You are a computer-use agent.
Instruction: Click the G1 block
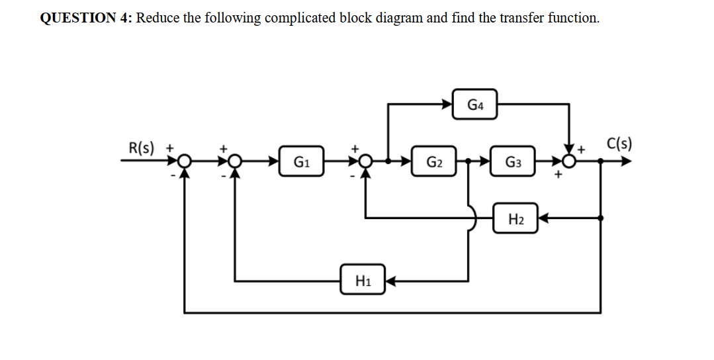(300, 162)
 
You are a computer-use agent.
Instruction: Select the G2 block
(433, 162)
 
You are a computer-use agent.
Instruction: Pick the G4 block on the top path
(475, 105)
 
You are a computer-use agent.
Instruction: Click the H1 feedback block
(362, 281)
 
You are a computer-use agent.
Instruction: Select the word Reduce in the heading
(158, 18)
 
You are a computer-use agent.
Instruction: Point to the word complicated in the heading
(300, 18)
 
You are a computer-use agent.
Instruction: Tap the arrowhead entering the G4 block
(447, 104)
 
